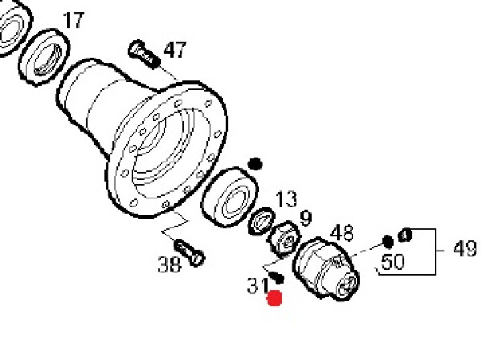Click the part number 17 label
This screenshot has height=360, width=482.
(x=73, y=20)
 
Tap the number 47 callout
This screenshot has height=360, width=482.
(x=175, y=50)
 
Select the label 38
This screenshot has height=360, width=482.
(x=169, y=264)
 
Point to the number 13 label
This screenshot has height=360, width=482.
(x=287, y=199)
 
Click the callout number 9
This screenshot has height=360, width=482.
(x=306, y=218)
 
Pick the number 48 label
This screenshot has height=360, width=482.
(x=342, y=233)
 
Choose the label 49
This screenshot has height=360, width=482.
(x=465, y=248)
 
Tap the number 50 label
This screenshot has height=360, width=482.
(x=393, y=262)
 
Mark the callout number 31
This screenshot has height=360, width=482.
(x=258, y=285)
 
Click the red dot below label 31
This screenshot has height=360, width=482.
(x=275, y=298)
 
